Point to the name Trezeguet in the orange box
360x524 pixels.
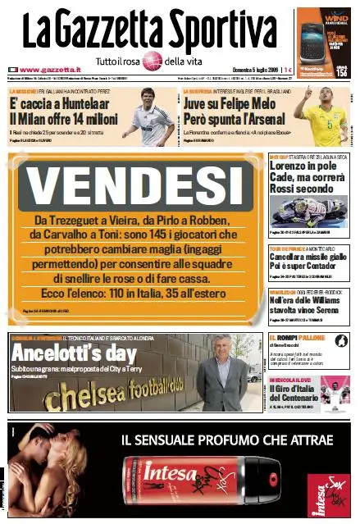[85, 221]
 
